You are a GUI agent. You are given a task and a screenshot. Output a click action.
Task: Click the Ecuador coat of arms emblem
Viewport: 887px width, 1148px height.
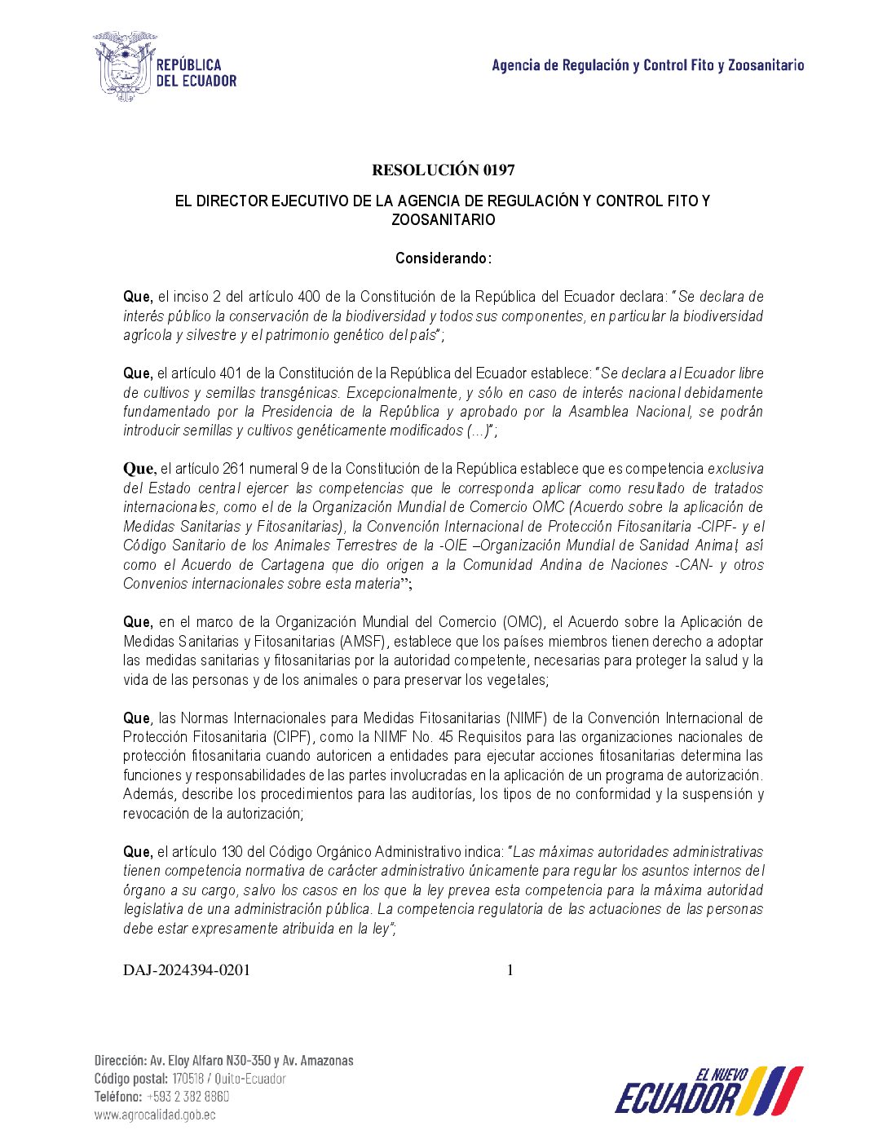[124, 66]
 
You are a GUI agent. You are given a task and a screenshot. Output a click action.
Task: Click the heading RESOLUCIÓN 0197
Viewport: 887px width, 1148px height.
[443, 170]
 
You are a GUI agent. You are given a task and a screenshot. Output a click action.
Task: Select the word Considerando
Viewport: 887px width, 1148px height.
[442, 258]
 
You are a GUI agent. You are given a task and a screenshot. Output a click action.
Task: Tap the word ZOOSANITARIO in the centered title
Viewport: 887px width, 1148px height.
[443, 220]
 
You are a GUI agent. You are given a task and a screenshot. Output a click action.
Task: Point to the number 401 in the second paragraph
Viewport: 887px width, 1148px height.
[230, 373]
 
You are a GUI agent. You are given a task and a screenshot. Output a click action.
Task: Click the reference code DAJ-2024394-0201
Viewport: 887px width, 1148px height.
[187, 970]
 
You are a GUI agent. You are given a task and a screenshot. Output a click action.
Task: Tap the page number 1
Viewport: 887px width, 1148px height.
[510, 970]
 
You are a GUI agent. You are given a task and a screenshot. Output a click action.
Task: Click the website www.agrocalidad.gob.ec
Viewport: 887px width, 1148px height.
[155, 1115]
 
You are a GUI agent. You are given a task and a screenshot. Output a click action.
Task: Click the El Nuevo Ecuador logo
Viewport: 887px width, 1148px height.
[708, 1090]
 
